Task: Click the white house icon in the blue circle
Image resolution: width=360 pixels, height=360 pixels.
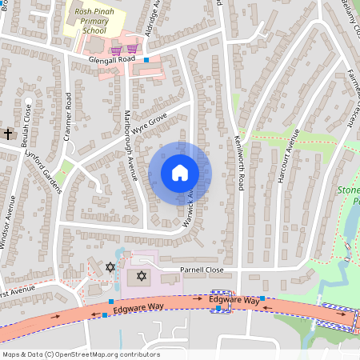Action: tap(180, 172)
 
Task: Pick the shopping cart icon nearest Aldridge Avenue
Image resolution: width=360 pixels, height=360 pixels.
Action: tap(131, 49)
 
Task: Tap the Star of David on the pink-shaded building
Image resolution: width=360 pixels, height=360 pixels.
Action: tap(142, 276)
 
